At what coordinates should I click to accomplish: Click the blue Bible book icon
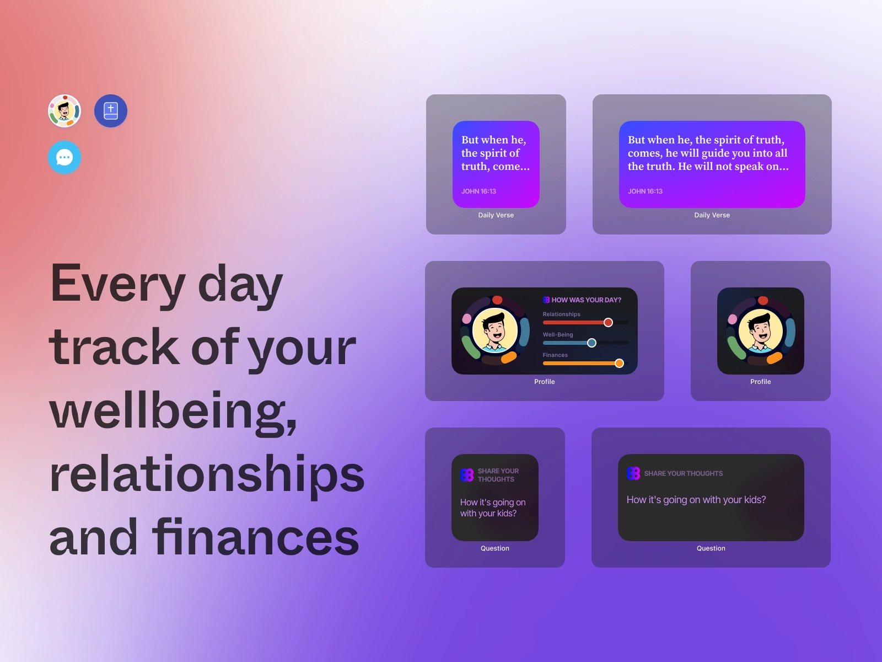(110, 111)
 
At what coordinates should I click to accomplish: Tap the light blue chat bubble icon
(64, 157)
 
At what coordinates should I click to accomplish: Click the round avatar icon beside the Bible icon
(64, 111)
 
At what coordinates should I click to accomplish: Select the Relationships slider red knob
(608, 322)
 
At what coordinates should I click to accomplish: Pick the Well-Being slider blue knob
(591, 343)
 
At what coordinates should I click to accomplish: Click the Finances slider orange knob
(619, 364)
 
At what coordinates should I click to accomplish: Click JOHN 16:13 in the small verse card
(478, 191)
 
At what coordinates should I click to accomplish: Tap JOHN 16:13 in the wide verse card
(645, 191)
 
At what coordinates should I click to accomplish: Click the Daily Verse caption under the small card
(496, 215)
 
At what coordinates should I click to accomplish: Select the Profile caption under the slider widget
(545, 381)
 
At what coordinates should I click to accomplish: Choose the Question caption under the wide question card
(711, 548)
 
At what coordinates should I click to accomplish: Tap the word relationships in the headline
(207, 474)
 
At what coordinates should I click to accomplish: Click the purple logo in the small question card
(467, 475)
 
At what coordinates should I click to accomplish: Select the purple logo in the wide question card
(633, 473)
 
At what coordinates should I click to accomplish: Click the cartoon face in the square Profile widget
(761, 331)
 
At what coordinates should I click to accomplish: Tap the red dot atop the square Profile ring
(763, 300)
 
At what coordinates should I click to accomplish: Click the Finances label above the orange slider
(555, 355)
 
